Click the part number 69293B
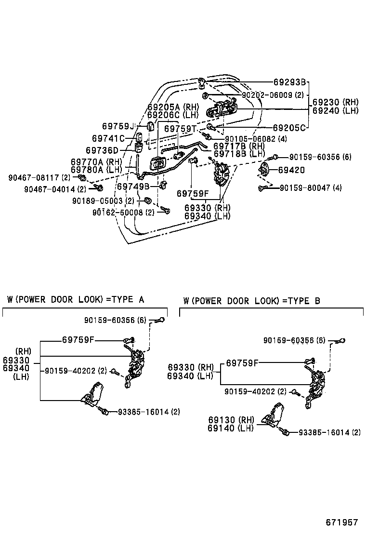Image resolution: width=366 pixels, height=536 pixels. coord(290,82)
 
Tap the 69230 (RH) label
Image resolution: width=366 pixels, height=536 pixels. coord(335,102)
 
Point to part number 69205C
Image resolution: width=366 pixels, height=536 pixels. coord(289,128)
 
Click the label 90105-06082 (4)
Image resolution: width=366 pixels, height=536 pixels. coord(256,139)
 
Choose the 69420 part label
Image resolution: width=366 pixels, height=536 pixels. coord(291,170)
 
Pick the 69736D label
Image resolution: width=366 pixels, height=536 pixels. coord(102,151)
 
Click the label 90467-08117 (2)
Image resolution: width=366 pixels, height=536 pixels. coord(39,178)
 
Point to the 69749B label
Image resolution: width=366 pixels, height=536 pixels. coord(133,187)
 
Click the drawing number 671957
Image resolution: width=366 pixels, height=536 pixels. coord(342,522)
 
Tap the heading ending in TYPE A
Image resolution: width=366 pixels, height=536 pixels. coord(76,300)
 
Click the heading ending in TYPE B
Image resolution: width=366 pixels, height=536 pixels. coord(251,301)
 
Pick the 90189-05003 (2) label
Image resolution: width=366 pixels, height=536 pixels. coord(104,201)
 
